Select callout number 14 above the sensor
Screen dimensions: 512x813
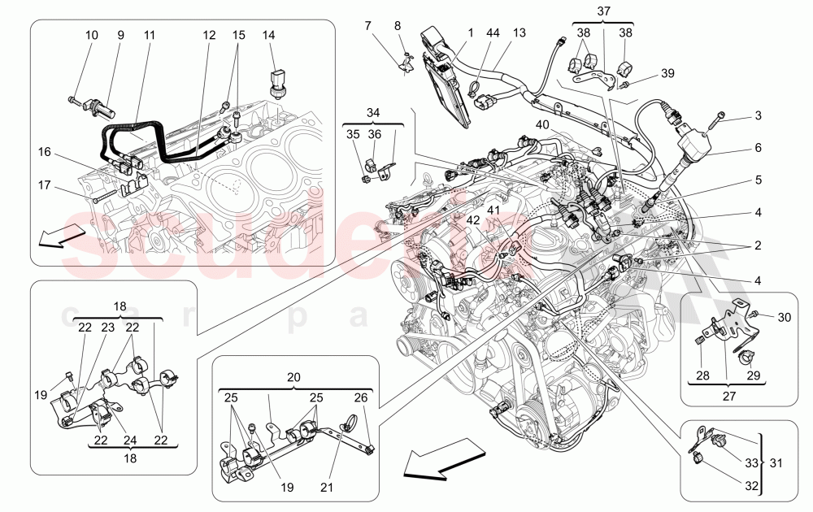pos(270,36)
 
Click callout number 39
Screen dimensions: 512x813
pos(667,73)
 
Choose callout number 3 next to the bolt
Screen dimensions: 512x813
pos(758,115)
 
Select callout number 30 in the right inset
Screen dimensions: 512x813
pos(784,317)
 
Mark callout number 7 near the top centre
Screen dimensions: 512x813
pos(368,27)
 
